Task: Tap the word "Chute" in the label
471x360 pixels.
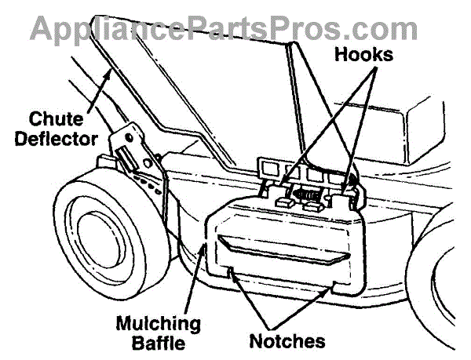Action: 57,119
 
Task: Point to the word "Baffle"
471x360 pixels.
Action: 159,342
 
